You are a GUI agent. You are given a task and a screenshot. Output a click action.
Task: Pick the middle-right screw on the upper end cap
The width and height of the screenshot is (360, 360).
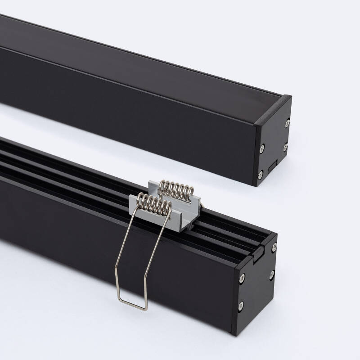(285, 147)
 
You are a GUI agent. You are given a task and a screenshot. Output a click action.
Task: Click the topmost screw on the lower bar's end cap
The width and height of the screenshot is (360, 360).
(273, 247)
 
